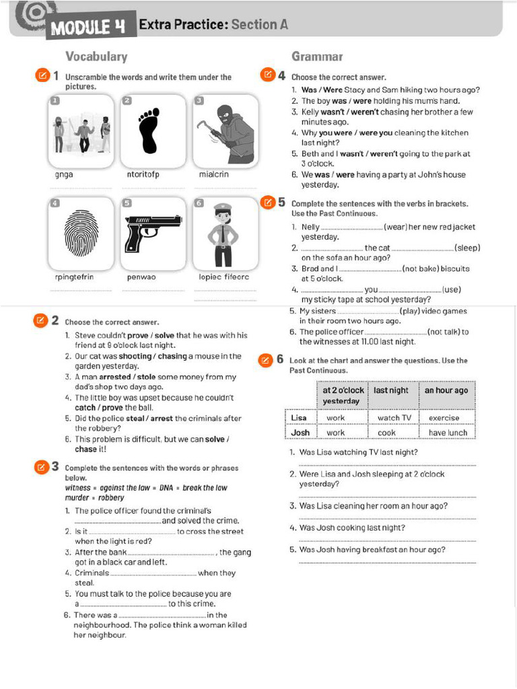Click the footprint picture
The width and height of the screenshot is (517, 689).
point(148,130)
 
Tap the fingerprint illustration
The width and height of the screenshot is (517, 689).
point(81,233)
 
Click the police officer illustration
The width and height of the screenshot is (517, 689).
point(223,235)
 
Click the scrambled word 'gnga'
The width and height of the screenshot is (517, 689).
point(64,174)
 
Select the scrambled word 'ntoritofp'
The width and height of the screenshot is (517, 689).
point(143,174)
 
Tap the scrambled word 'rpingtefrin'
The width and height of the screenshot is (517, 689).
point(74,277)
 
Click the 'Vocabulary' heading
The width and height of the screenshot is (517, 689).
point(96,57)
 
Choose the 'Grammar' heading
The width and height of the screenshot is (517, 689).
point(317,57)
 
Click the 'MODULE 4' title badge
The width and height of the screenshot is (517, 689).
point(90,28)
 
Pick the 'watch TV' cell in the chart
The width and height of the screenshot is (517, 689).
point(394,418)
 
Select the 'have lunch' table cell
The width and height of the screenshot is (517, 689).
point(448,433)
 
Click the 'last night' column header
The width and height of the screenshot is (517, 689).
point(391,390)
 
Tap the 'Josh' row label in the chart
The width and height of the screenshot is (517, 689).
point(300,433)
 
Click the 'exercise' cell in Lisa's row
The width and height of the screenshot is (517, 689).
point(444,418)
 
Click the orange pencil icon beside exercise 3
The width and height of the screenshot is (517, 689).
point(41,466)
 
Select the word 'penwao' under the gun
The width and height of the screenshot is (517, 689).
point(141,277)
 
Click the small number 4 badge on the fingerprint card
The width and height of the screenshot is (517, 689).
point(55,203)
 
